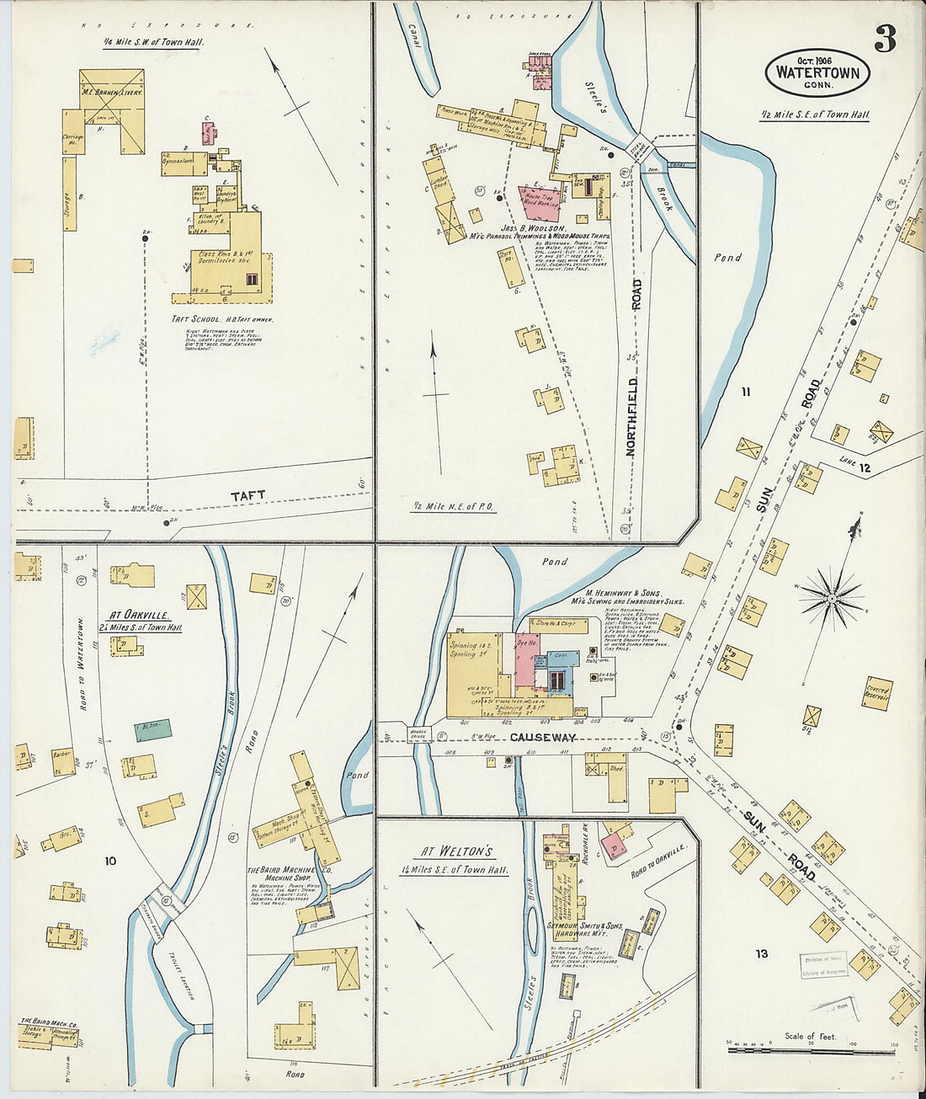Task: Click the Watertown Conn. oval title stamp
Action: tap(817, 73)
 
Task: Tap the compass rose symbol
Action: tap(832, 598)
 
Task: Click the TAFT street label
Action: tap(247, 496)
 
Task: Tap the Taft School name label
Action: tap(222, 320)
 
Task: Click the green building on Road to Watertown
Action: tap(153, 729)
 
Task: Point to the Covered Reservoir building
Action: tap(876, 694)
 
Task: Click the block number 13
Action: tap(761, 953)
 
